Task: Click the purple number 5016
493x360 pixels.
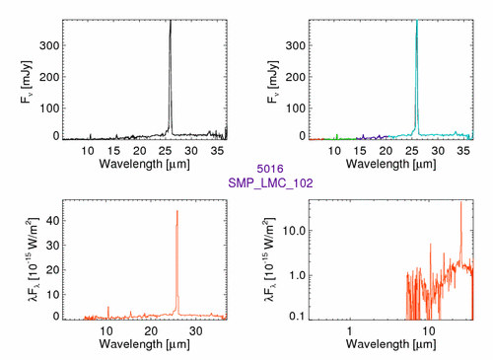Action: pos(270,169)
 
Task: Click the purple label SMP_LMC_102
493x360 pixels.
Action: pos(270,182)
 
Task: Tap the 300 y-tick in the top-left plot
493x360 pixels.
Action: pos(49,45)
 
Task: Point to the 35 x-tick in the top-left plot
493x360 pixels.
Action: pos(217,151)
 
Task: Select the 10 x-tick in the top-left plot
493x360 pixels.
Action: pos(88,151)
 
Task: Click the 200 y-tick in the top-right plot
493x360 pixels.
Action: pos(296,77)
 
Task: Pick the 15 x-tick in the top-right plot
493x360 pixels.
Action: pos(360,151)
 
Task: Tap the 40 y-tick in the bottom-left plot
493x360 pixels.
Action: pos(53,221)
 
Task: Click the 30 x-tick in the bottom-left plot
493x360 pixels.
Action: pos(196,331)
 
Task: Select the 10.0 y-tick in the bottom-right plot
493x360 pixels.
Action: pos(294,231)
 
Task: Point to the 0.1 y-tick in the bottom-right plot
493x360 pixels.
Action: pos(297,316)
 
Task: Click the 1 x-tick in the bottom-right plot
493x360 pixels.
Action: pos(349,331)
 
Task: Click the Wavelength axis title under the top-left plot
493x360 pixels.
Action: pos(145,164)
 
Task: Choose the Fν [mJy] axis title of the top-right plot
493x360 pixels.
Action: pos(273,82)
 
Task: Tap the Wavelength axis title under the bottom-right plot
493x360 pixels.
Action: pos(391,344)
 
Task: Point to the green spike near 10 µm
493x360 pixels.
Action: pos(337,136)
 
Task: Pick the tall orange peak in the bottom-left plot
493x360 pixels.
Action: pos(177,263)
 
